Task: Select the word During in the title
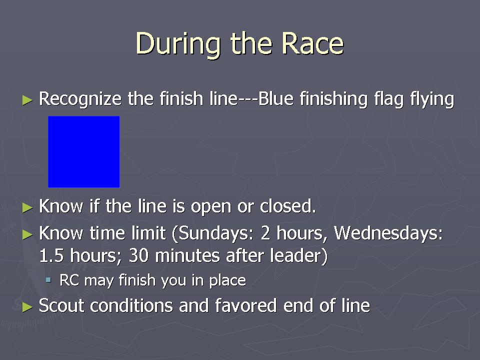tap(178, 44)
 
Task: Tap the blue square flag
tap(84, 152)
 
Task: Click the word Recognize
tap(80, 99)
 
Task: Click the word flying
tap(432, 99)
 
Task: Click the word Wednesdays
tap(388, 233)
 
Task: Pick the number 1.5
tap(51, 255)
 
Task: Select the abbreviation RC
tap(69, 280)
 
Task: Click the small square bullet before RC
tap(48, 279)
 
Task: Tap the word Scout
tap(61, 305)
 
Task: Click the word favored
tap(246, 305)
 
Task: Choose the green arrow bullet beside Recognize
tap(27, 100)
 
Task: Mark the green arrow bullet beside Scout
tap(27, 306)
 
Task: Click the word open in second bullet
tap(211, 207)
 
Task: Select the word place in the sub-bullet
tap(227, 280)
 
